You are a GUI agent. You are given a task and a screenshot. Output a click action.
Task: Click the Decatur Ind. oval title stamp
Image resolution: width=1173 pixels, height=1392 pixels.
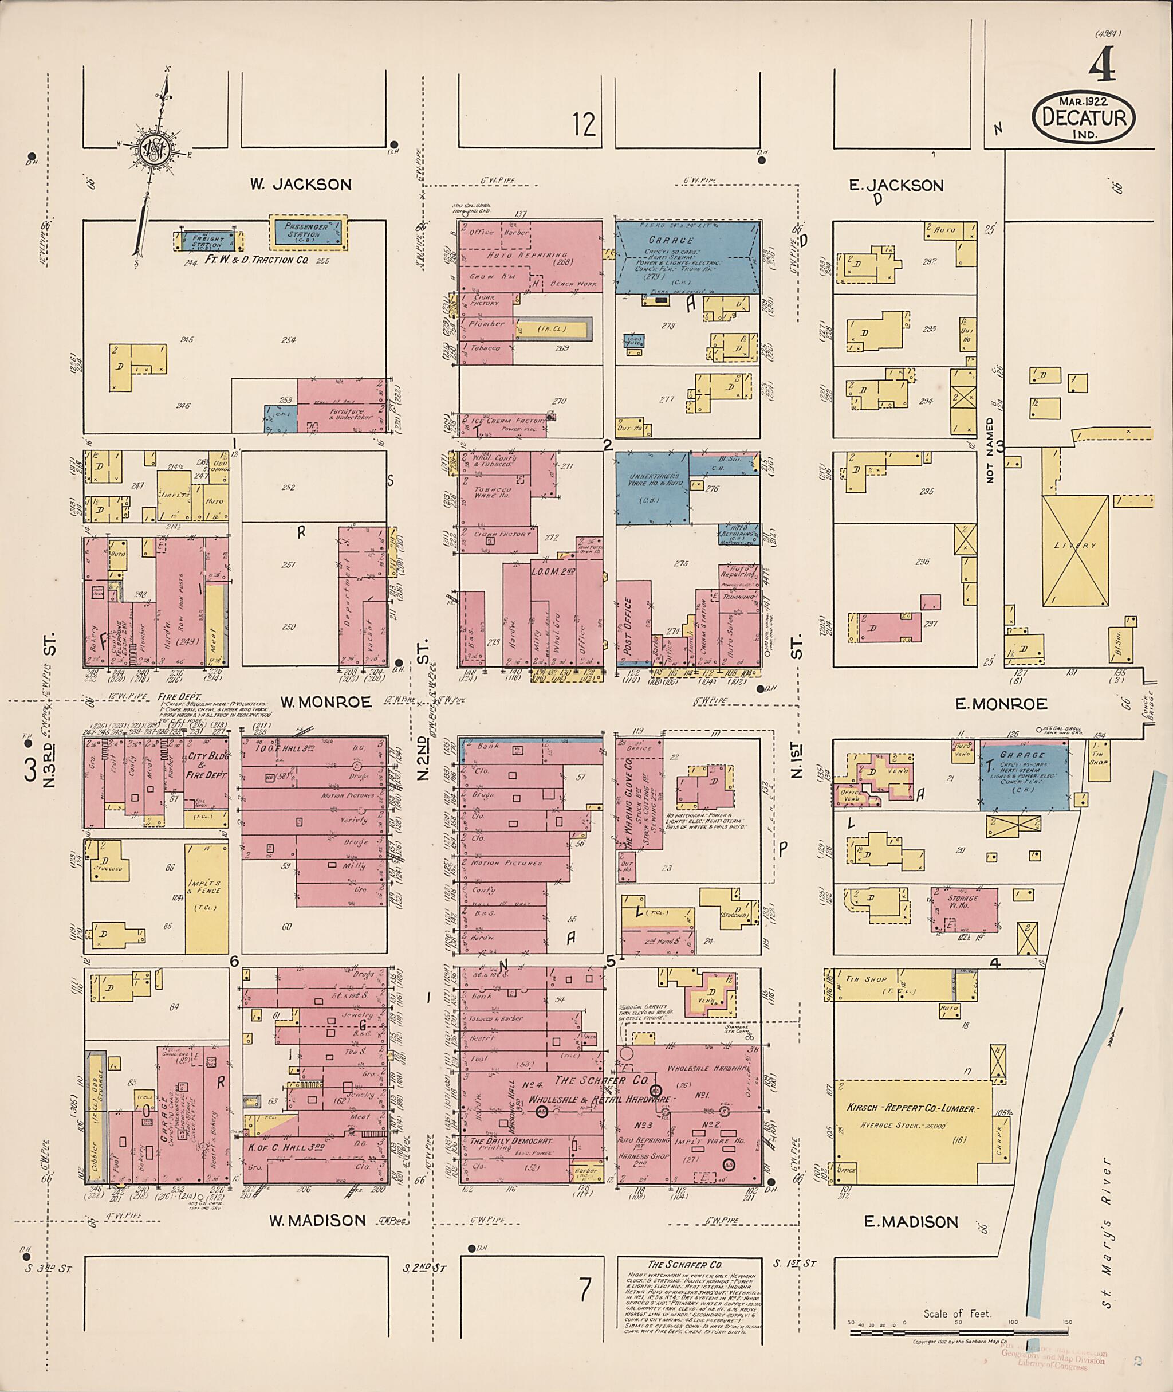(x=1084, y=117)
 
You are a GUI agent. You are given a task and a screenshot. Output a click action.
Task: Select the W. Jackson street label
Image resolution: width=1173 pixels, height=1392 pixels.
(x=301, y=185)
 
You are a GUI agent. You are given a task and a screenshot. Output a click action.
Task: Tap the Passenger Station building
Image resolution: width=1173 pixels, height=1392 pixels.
(x=308, y=232)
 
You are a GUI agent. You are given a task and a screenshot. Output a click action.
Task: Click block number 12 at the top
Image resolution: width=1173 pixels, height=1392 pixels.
(x=584, y=124)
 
